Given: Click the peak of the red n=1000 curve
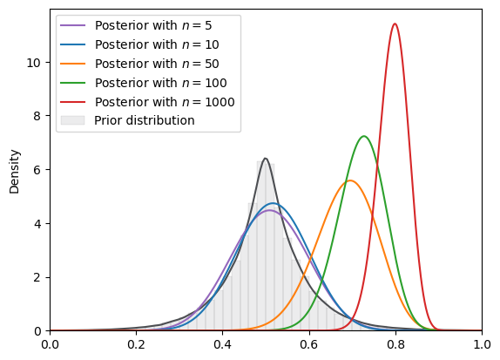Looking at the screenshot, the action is point(395,24).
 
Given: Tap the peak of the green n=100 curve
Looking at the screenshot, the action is point(364,136).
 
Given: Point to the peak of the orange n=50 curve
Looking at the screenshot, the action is point(350,180).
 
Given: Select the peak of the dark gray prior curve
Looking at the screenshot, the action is point(266,159).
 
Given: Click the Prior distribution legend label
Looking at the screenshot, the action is point(144,120).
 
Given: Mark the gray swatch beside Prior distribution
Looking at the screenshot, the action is point(72,120).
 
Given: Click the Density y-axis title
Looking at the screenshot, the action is point(14,172).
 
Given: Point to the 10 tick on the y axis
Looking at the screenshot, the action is point(34,63).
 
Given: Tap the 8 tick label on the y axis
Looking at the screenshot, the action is point(37,116).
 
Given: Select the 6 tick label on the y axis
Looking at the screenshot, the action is point(37,170).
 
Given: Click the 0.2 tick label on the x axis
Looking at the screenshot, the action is point(136,345).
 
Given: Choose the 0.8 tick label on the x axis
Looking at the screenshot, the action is point(395,345).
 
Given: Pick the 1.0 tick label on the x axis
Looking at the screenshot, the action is point(482,345).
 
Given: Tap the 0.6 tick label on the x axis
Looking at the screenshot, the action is point(309,345).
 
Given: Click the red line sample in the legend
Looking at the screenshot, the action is point(72,102).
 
